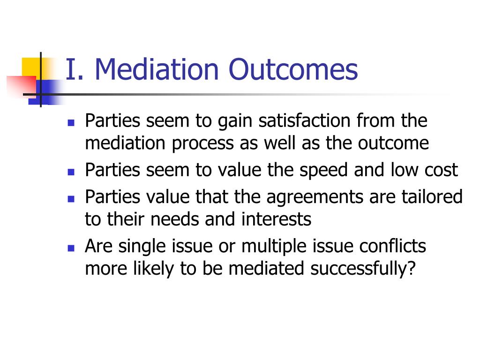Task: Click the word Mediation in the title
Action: [x=157, y=69]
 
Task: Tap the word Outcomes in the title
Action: [x=293, y=69]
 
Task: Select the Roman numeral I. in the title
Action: [x=75, y=69]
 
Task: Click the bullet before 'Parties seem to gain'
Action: [x=71, y=123]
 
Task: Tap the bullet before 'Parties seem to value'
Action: [x=71, y=172]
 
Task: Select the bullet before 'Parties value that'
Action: [x=71, y=199]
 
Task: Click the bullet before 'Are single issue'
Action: [x=71, y=247]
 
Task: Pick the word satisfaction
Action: [x=304, y=120]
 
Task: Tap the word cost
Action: [x=441, y=170]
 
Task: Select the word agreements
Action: [x=315, y=197]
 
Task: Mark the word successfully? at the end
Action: [x=363, y=269]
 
